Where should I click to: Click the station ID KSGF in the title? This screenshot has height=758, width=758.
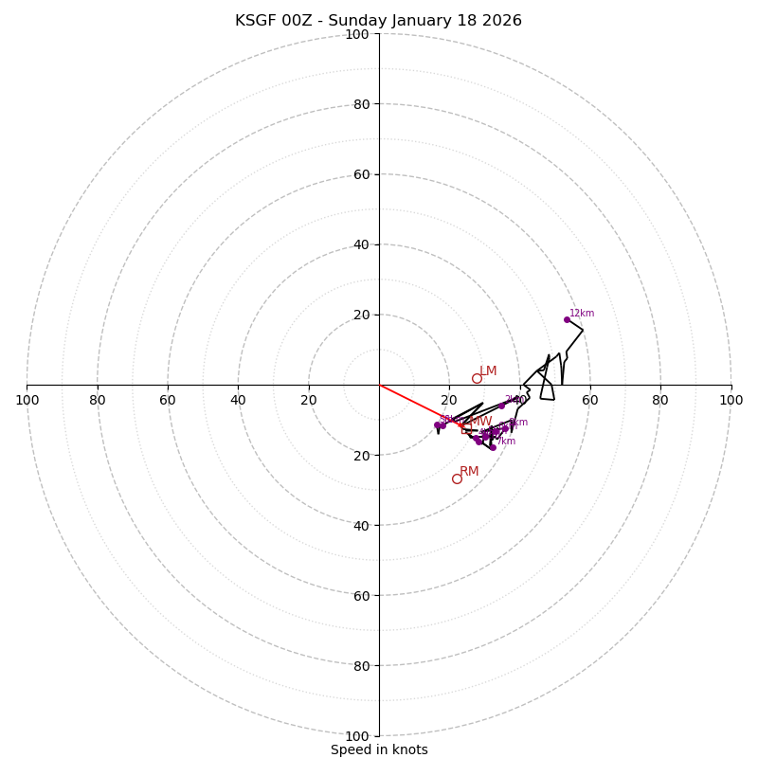(253, 21)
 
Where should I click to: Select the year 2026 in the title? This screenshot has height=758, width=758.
(502, 21)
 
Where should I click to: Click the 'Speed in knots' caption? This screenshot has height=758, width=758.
(379, 749)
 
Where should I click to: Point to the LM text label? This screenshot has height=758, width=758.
(488, 370)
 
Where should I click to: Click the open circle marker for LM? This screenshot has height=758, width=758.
(477, 378)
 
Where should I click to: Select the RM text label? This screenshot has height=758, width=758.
(469, 471)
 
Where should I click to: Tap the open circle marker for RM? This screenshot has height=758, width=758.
(457, 478)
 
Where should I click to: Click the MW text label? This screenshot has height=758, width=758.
(480, 421)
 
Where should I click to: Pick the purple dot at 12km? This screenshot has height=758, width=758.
(567, 319)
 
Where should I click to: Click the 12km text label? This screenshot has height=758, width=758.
(582, 313)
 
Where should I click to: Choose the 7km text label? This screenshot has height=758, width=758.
(506, 441)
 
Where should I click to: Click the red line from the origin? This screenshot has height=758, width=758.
(417, 404)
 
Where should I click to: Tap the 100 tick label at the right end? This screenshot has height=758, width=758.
(731, 400)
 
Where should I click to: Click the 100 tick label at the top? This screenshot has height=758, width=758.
(356, 34)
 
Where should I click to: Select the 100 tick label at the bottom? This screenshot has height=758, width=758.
(356, 735)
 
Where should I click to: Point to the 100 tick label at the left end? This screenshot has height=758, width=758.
(27, 400)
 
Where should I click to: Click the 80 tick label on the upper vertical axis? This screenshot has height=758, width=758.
(360, 104)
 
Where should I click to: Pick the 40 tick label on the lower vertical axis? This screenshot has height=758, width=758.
(360, 525)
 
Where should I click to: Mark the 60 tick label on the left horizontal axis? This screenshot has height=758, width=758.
(168, 400)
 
